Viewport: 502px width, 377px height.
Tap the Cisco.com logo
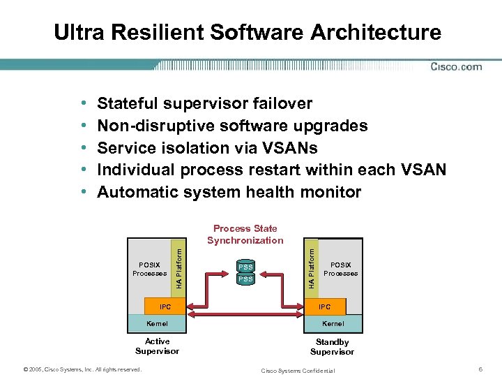[x=456, y=67]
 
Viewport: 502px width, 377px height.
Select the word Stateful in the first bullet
[x=128, y=104]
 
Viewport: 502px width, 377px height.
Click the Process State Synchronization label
[x=245, y=235]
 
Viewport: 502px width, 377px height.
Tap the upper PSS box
[x=245, y=267]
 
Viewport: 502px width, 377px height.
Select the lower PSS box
[x=245, y=279]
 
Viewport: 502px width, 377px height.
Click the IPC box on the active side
[x=165, y=306]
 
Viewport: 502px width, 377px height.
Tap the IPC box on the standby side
[x=324, y=306]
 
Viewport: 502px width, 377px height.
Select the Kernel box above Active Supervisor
[x=157, y=323]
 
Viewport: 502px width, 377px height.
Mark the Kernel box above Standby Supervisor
[x=333, y=323]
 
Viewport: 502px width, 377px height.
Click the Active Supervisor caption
[x=157, y=346]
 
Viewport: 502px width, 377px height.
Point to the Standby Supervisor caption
[x=332, y=347]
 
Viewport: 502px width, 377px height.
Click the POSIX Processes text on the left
[x=149, y=269]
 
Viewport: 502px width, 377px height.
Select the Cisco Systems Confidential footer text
[x=298, y=370]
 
